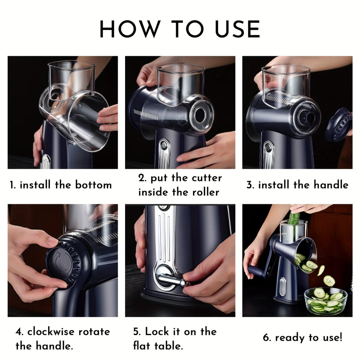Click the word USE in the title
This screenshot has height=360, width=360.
pos(233,30)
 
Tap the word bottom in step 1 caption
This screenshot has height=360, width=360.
pos(93,185)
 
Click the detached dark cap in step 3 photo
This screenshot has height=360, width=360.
pos(339,124)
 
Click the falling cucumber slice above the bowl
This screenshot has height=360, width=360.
pos(329,281)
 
